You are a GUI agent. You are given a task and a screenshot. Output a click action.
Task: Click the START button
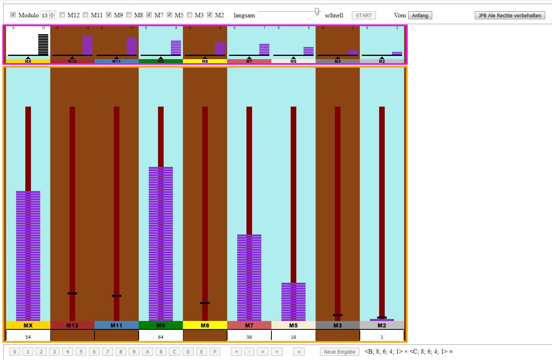[363, 15]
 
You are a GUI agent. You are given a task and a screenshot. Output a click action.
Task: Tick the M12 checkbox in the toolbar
[62, 15]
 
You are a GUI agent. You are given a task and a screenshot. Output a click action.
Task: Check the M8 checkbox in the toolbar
[129, 15]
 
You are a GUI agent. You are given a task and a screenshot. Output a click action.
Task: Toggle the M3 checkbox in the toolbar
[189, 15]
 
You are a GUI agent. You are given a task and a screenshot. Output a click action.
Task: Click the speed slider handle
[317, 12]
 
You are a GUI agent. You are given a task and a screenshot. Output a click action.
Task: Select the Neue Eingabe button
[339, 352]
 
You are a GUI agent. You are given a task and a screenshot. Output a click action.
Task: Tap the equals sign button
[299, 352]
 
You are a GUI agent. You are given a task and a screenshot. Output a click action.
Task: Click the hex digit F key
[215, 352]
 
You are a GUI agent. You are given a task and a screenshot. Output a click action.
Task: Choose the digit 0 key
[14, 352]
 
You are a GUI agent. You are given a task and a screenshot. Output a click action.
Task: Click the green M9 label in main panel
[161, 325]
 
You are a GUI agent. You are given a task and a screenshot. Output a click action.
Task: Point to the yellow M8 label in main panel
[205, 325]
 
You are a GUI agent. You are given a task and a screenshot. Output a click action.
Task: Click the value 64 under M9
[161, 337]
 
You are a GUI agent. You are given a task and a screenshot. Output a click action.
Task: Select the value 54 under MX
[28, 337]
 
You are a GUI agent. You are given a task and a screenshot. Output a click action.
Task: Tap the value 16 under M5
[293, 337]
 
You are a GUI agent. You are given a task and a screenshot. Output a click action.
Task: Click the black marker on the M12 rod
[72, 293]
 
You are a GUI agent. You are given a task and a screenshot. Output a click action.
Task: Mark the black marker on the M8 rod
[205, 303]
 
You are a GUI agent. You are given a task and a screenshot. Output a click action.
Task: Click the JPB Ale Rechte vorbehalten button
[510, 15]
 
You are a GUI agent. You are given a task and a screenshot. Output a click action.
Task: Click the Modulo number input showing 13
[45, 15]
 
